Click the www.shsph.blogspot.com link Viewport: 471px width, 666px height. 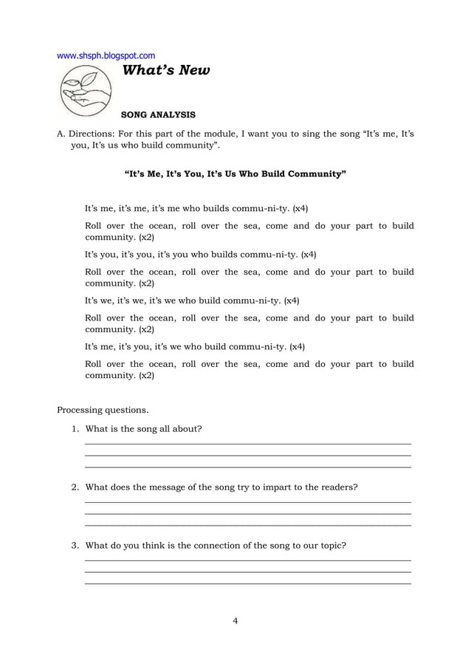[x=106, y=55]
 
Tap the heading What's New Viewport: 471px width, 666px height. [x=165, y=71]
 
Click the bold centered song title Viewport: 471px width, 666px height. [x=235, y=174]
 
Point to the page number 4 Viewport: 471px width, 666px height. [x=235, y=621]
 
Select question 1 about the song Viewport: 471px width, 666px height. [x=143, y=429]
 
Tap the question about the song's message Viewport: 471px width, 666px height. [x=221, y=487]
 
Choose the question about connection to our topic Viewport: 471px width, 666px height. [x=216, y=546]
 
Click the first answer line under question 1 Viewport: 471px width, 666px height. [x=248, y=444]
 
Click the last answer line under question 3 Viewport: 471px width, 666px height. [x=248, y=584]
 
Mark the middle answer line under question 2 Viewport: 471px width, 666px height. [x=248, y=514]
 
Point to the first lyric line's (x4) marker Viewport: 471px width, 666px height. [x=300, y=209]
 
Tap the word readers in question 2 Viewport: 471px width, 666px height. [x=339, y=487]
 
